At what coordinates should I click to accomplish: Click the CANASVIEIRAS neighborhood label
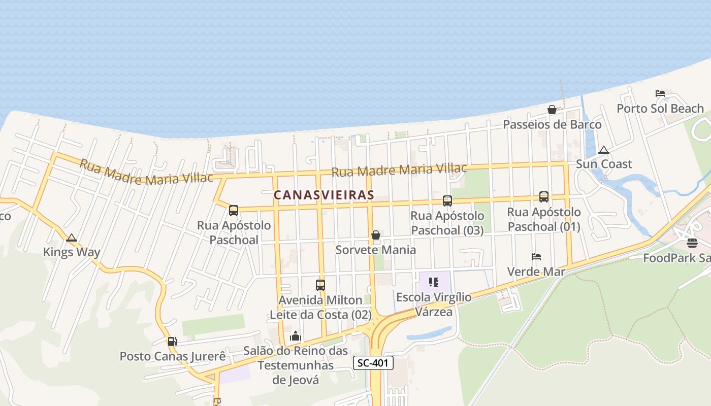pyautogui.click(x=324, y=195)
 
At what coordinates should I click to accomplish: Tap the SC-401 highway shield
pyautogui.click(x=373, y=363)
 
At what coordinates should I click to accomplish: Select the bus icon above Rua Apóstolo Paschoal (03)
pyautogui.click(x=447, y=201)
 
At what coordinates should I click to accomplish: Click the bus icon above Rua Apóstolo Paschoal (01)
pyautogui.click(x=544, y=197)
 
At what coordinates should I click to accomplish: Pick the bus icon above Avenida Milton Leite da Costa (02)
pyautogui.click(x=320, y=285)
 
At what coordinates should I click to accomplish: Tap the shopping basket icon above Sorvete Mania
pyautogui.click(x=376, y=235)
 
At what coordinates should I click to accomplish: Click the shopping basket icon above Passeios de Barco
pyautogui.click(x=552, y=110)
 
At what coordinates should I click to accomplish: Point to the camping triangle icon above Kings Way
pyautogui.click(x=72, y=238)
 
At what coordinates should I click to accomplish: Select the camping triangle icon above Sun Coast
pyautogui.click(x=603, y=150)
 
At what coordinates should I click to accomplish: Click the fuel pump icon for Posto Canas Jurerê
pyautogui.click(x=173, y=342)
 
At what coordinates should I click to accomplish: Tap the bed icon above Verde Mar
pyautogui.click(x=536, y=257)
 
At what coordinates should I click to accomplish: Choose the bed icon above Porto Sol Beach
pyautogui.click(x=660, y=93)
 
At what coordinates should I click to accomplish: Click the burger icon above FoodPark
pyautogui.click(x=692, y=243)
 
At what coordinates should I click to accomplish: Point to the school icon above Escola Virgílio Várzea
pyautogui.click(x=434, y=282)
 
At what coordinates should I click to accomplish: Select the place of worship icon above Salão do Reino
pyautogui.click(x=296, y=336)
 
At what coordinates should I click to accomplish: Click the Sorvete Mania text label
pyautogui.click(x=376, y=250)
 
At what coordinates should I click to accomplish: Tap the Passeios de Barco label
pyautogui.click(x=552, y=124)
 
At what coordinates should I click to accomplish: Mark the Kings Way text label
pyautogui.click(x=72, y=252)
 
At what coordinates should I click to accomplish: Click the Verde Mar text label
pyautogui.click(x=536, y=272)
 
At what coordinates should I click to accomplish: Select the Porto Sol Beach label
pyautogui.click(x=660, y=108)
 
